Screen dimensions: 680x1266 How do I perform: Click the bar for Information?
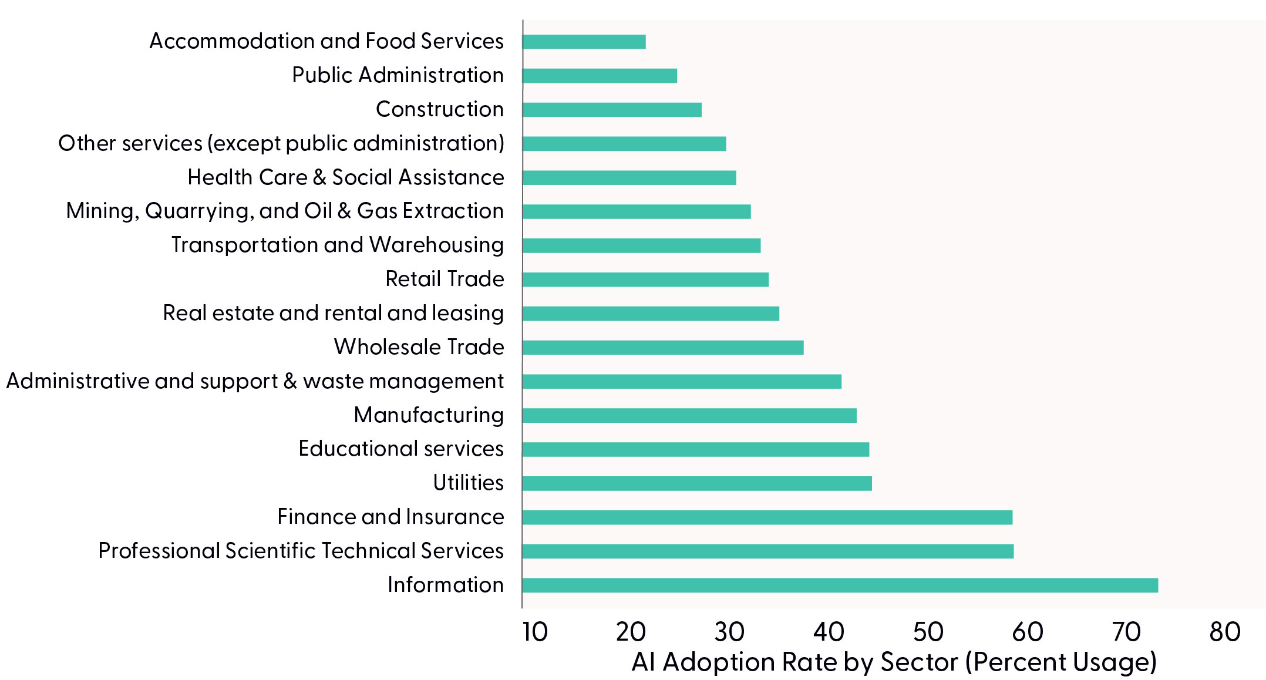coord(840,585)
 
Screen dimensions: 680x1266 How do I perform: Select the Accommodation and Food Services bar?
coord(584,42)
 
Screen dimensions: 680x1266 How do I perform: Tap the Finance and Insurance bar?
coord(767,517)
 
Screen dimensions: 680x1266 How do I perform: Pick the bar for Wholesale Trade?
coord(662,348)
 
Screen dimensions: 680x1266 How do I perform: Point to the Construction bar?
coord(612,110)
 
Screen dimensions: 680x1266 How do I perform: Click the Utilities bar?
coord(697,483)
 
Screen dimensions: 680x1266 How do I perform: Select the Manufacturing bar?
coord(689,415)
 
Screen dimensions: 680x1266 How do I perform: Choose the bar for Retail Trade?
coord(645,280)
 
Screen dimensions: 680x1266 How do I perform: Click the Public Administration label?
coord(398,75)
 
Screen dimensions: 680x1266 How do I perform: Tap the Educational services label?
coord(400,449)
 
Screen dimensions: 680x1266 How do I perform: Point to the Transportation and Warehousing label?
coord(337,245)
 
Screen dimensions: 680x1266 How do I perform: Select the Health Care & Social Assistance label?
coord(345,177)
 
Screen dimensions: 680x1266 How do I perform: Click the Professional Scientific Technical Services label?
coord(301,551)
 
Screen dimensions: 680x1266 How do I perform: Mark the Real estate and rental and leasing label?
coord(333,313)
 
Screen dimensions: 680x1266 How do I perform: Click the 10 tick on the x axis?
coord(535,632)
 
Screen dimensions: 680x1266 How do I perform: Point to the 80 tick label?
coord(1225,632)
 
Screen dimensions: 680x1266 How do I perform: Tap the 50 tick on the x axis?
coord(928,632)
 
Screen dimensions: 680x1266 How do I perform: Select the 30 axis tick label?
coord(729,632)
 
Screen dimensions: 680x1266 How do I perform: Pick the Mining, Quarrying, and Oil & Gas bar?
coord(637,211)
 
